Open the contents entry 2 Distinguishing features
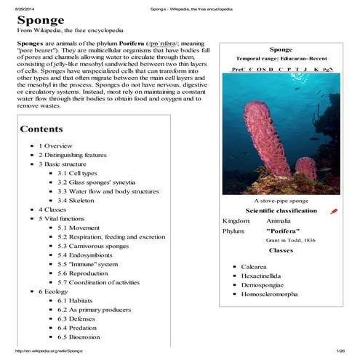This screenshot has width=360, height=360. point(73,155)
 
